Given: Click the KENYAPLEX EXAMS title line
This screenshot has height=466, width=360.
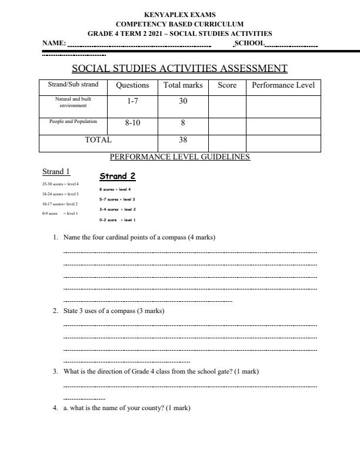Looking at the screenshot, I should tap(179, 15).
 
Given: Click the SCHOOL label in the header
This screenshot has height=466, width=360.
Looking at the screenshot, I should tap(249, 43).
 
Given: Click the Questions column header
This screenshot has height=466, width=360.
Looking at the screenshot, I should tap(132, 85).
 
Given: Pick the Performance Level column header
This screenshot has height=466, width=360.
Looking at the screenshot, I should tap(283, 85).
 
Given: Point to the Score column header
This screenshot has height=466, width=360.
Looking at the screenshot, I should tap(227, 85).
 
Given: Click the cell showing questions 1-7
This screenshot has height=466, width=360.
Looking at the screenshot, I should tap(132, 102).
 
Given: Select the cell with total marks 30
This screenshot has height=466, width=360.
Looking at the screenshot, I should tap(183, 102).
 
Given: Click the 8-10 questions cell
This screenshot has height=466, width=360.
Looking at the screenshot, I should tap(132, 124).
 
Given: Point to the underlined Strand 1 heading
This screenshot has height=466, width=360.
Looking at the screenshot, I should tap(56, 172).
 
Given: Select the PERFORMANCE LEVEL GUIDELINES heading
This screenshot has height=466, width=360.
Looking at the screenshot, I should tap(179, 157).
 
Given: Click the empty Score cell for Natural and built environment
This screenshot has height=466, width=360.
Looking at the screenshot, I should tap(227, 106).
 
